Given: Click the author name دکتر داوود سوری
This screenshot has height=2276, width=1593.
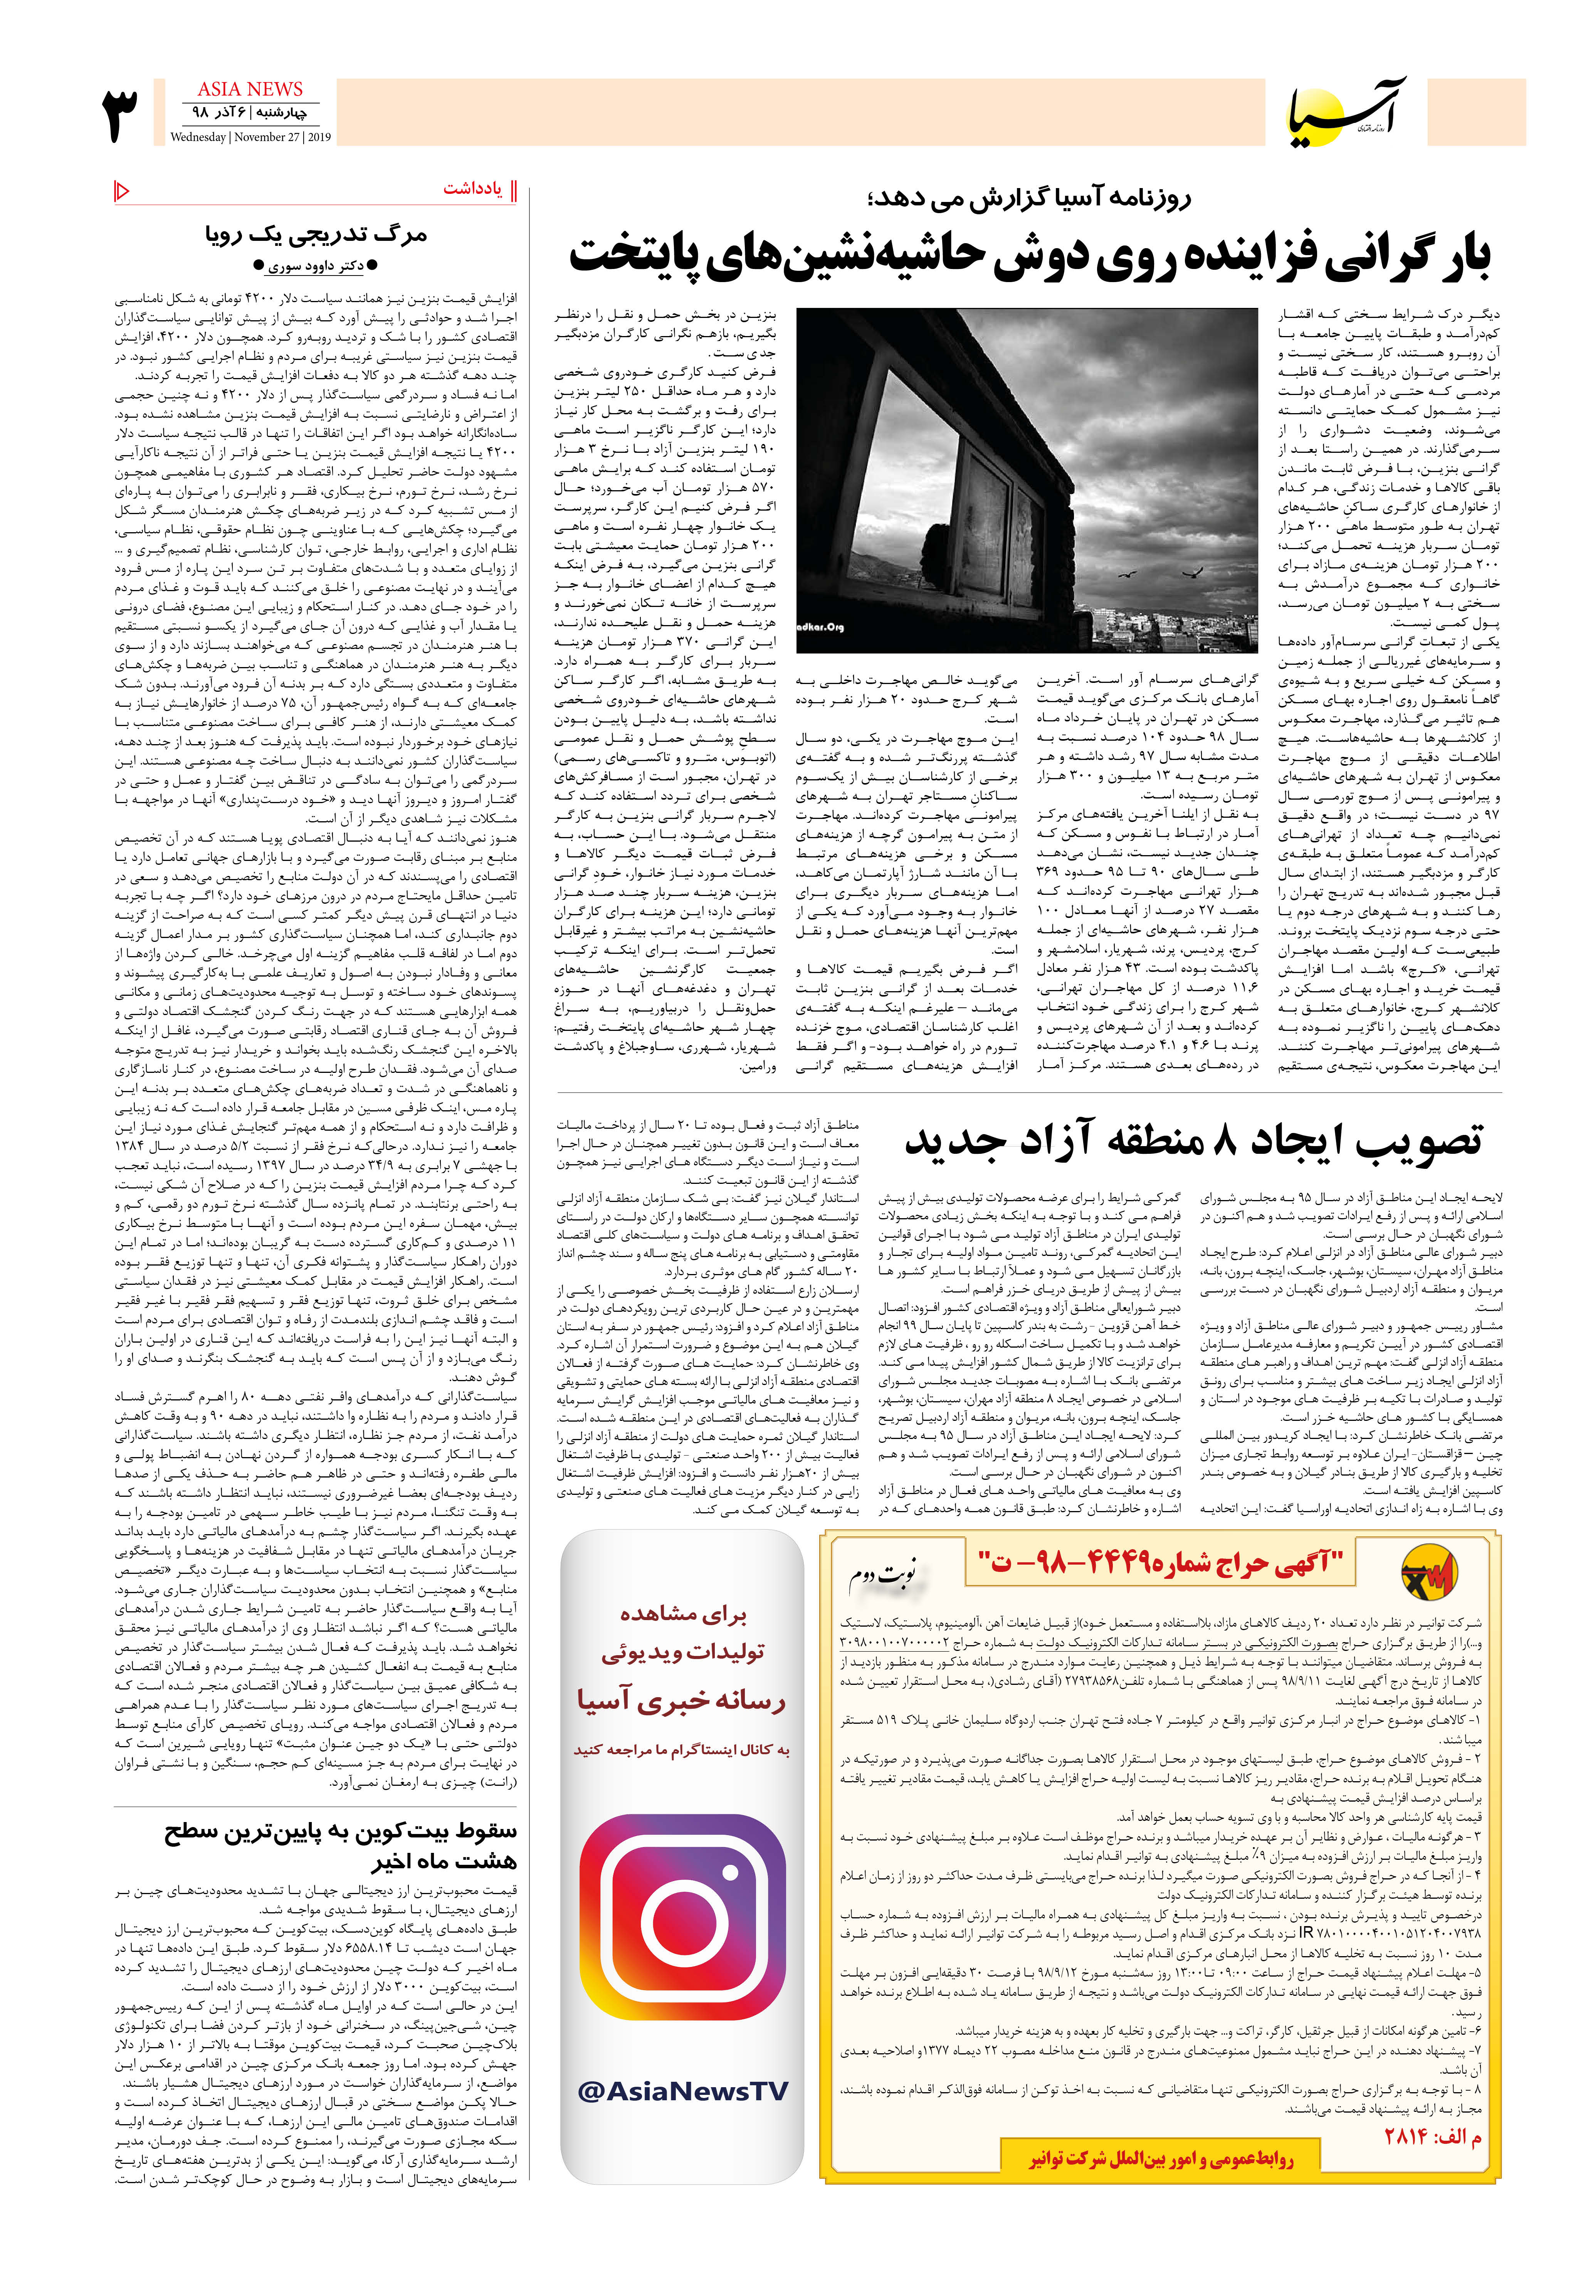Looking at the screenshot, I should [315, 266].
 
